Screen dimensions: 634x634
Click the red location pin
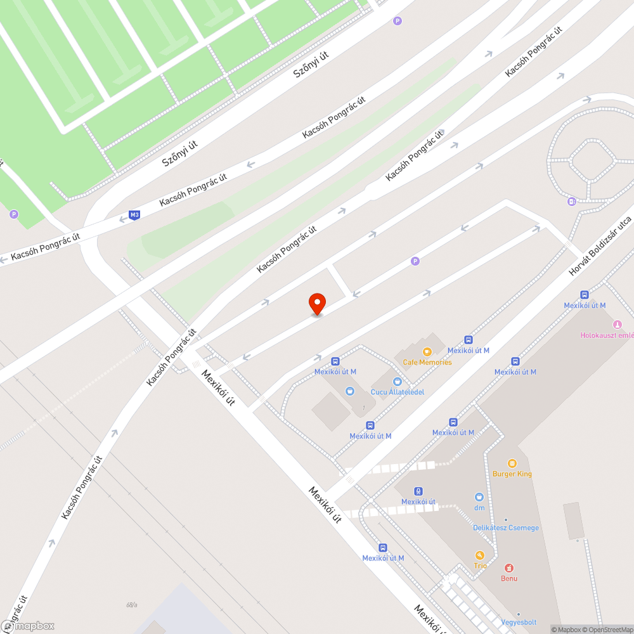[x=316, y=303]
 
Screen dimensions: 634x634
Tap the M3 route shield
[x=134, y=215]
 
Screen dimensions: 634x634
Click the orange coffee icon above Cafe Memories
[x=427, y=351]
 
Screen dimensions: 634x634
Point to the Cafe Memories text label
[x=427, y=362]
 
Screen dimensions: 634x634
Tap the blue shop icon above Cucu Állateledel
[x=397, y=381]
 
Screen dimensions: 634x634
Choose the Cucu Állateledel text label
[x=397, y=392]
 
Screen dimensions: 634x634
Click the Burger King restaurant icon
[x=512, y=463]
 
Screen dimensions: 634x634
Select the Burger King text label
[x=512, y=474]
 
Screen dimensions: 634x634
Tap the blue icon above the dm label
[x=479, y=496]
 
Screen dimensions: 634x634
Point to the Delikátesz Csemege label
[x=506, y=527]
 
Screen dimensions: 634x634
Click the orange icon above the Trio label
[x=480, y=555]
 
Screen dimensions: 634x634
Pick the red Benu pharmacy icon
[x=509, y=567]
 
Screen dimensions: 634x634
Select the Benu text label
[x=509, y=578]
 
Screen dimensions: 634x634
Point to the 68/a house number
[x=132, y=605]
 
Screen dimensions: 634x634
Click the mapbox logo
[x=29, y=625]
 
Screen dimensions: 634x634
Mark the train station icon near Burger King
[x=418, y=491]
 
